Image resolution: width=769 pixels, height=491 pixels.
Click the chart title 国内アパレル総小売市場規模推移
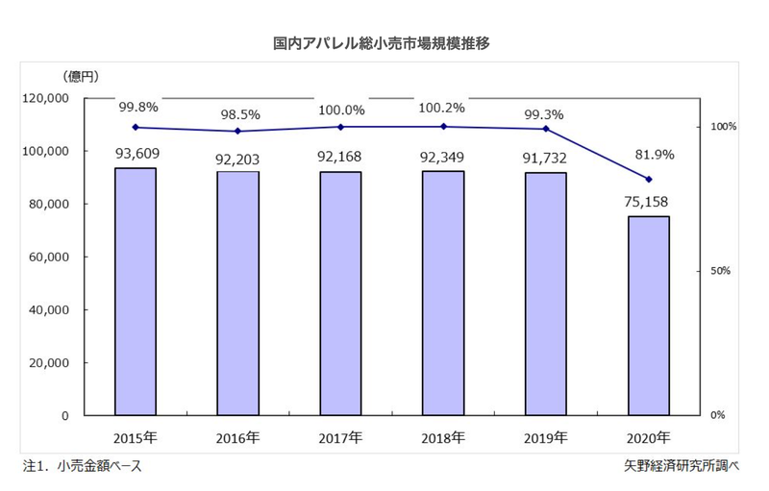tap(383, 43)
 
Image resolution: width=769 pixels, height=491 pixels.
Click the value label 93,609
tap(136, 153)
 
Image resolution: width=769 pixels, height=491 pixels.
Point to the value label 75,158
tap(648, 202)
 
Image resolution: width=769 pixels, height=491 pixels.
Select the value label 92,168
tap(340, 156)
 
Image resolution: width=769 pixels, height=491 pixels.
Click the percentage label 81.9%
tap(648, 154)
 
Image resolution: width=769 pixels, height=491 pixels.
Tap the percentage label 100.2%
tap(442, 109)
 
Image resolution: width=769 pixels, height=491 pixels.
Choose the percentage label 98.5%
tap(238, 114)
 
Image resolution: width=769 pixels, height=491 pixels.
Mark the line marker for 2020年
tap(649, 180)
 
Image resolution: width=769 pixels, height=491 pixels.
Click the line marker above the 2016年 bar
tap(238, 131)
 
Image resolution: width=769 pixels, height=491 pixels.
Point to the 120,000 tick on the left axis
tap(45, 98)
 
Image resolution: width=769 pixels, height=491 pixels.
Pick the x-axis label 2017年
tap(340, 438)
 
